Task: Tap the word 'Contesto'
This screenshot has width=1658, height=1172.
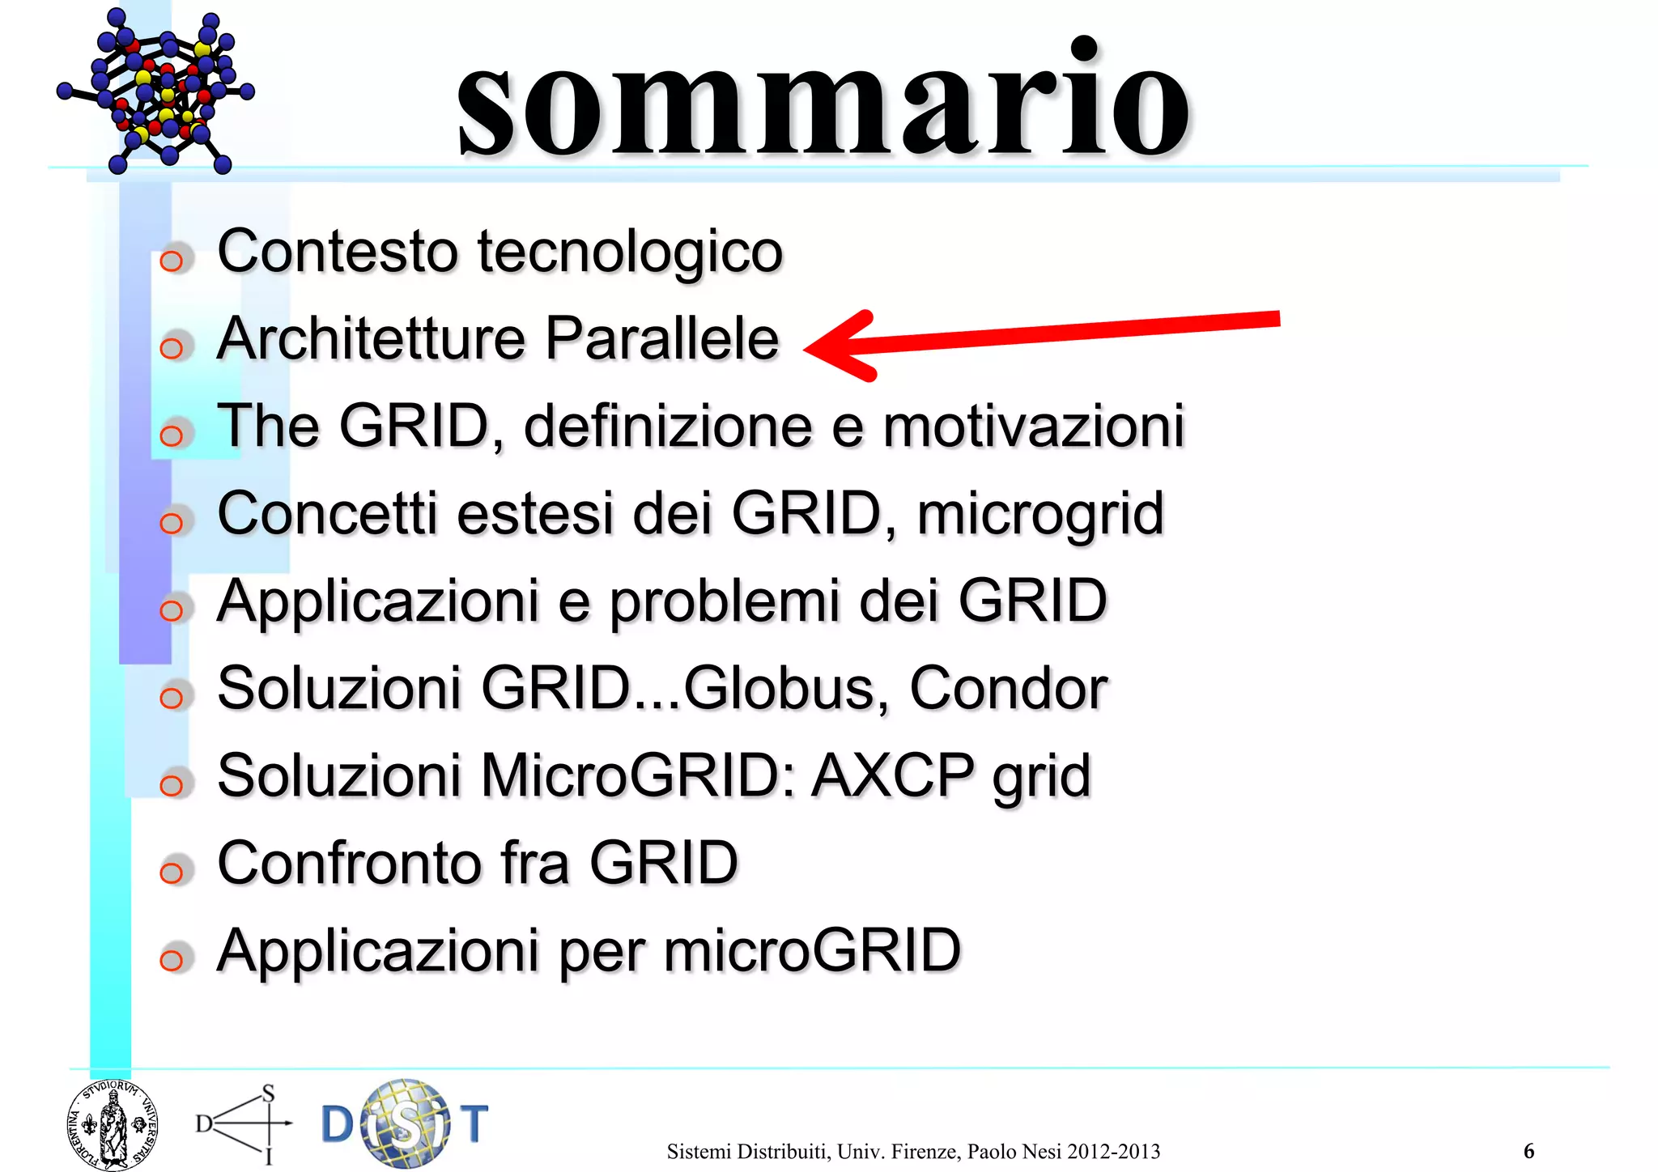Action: click(338, 251)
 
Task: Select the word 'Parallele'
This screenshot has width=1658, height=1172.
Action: click(661, 338)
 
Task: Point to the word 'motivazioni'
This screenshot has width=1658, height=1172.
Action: click(1034, 427)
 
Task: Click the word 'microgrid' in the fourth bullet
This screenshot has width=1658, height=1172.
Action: click(1040, 515)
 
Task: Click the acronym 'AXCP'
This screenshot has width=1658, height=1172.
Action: click(893, 776)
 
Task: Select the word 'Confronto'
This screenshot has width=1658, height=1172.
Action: click(351, 863)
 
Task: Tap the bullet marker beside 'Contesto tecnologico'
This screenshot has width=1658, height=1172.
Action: click(172, 261)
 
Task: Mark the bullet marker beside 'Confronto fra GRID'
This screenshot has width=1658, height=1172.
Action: click(172, 872)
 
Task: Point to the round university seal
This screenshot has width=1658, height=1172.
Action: click(112, 1125)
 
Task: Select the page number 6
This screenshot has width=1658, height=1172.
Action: click(1528, 1150)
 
